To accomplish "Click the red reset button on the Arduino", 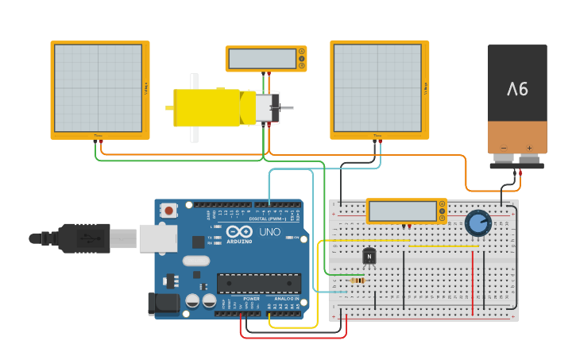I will (x=168, y=211).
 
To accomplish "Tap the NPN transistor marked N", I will (x=369, y=256).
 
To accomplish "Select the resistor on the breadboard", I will (x=358, y=280).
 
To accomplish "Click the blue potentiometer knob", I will (x=477, y=223).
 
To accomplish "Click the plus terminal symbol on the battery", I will (x=529, y=147).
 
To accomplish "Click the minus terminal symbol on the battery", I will (x=503, y=147).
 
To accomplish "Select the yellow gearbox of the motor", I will (x=207, y=107).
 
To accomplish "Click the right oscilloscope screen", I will (x=377, y=87).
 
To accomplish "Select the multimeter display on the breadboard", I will (x=403, y=211).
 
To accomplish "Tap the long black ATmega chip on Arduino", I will (x=259, y=283).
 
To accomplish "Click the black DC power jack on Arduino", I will (x=163, y=303).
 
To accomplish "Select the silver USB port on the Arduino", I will (x=158, y=238).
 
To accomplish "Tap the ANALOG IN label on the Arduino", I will (x=286, y=298).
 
